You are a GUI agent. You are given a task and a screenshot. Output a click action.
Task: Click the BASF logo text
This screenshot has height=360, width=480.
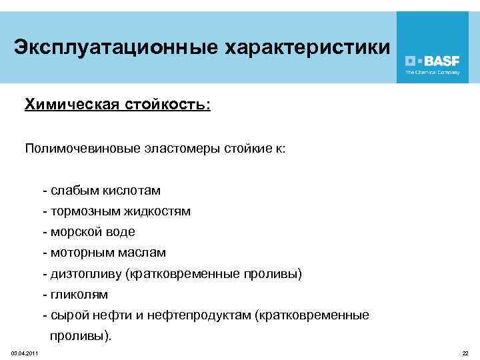coord(437,59)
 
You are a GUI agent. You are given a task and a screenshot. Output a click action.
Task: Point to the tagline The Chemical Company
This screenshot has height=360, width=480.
coord(433,72)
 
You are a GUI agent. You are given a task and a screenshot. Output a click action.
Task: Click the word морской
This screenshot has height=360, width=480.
coord(72,232)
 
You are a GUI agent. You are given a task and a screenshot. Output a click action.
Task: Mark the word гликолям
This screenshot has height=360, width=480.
coord(78,294)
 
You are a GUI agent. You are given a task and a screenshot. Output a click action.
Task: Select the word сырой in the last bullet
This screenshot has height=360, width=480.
coord(65,315)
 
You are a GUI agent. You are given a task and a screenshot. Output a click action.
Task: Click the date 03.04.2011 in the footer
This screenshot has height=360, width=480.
coord(24,353)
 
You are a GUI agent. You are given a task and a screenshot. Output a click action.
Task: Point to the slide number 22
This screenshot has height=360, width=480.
coord(465,353)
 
